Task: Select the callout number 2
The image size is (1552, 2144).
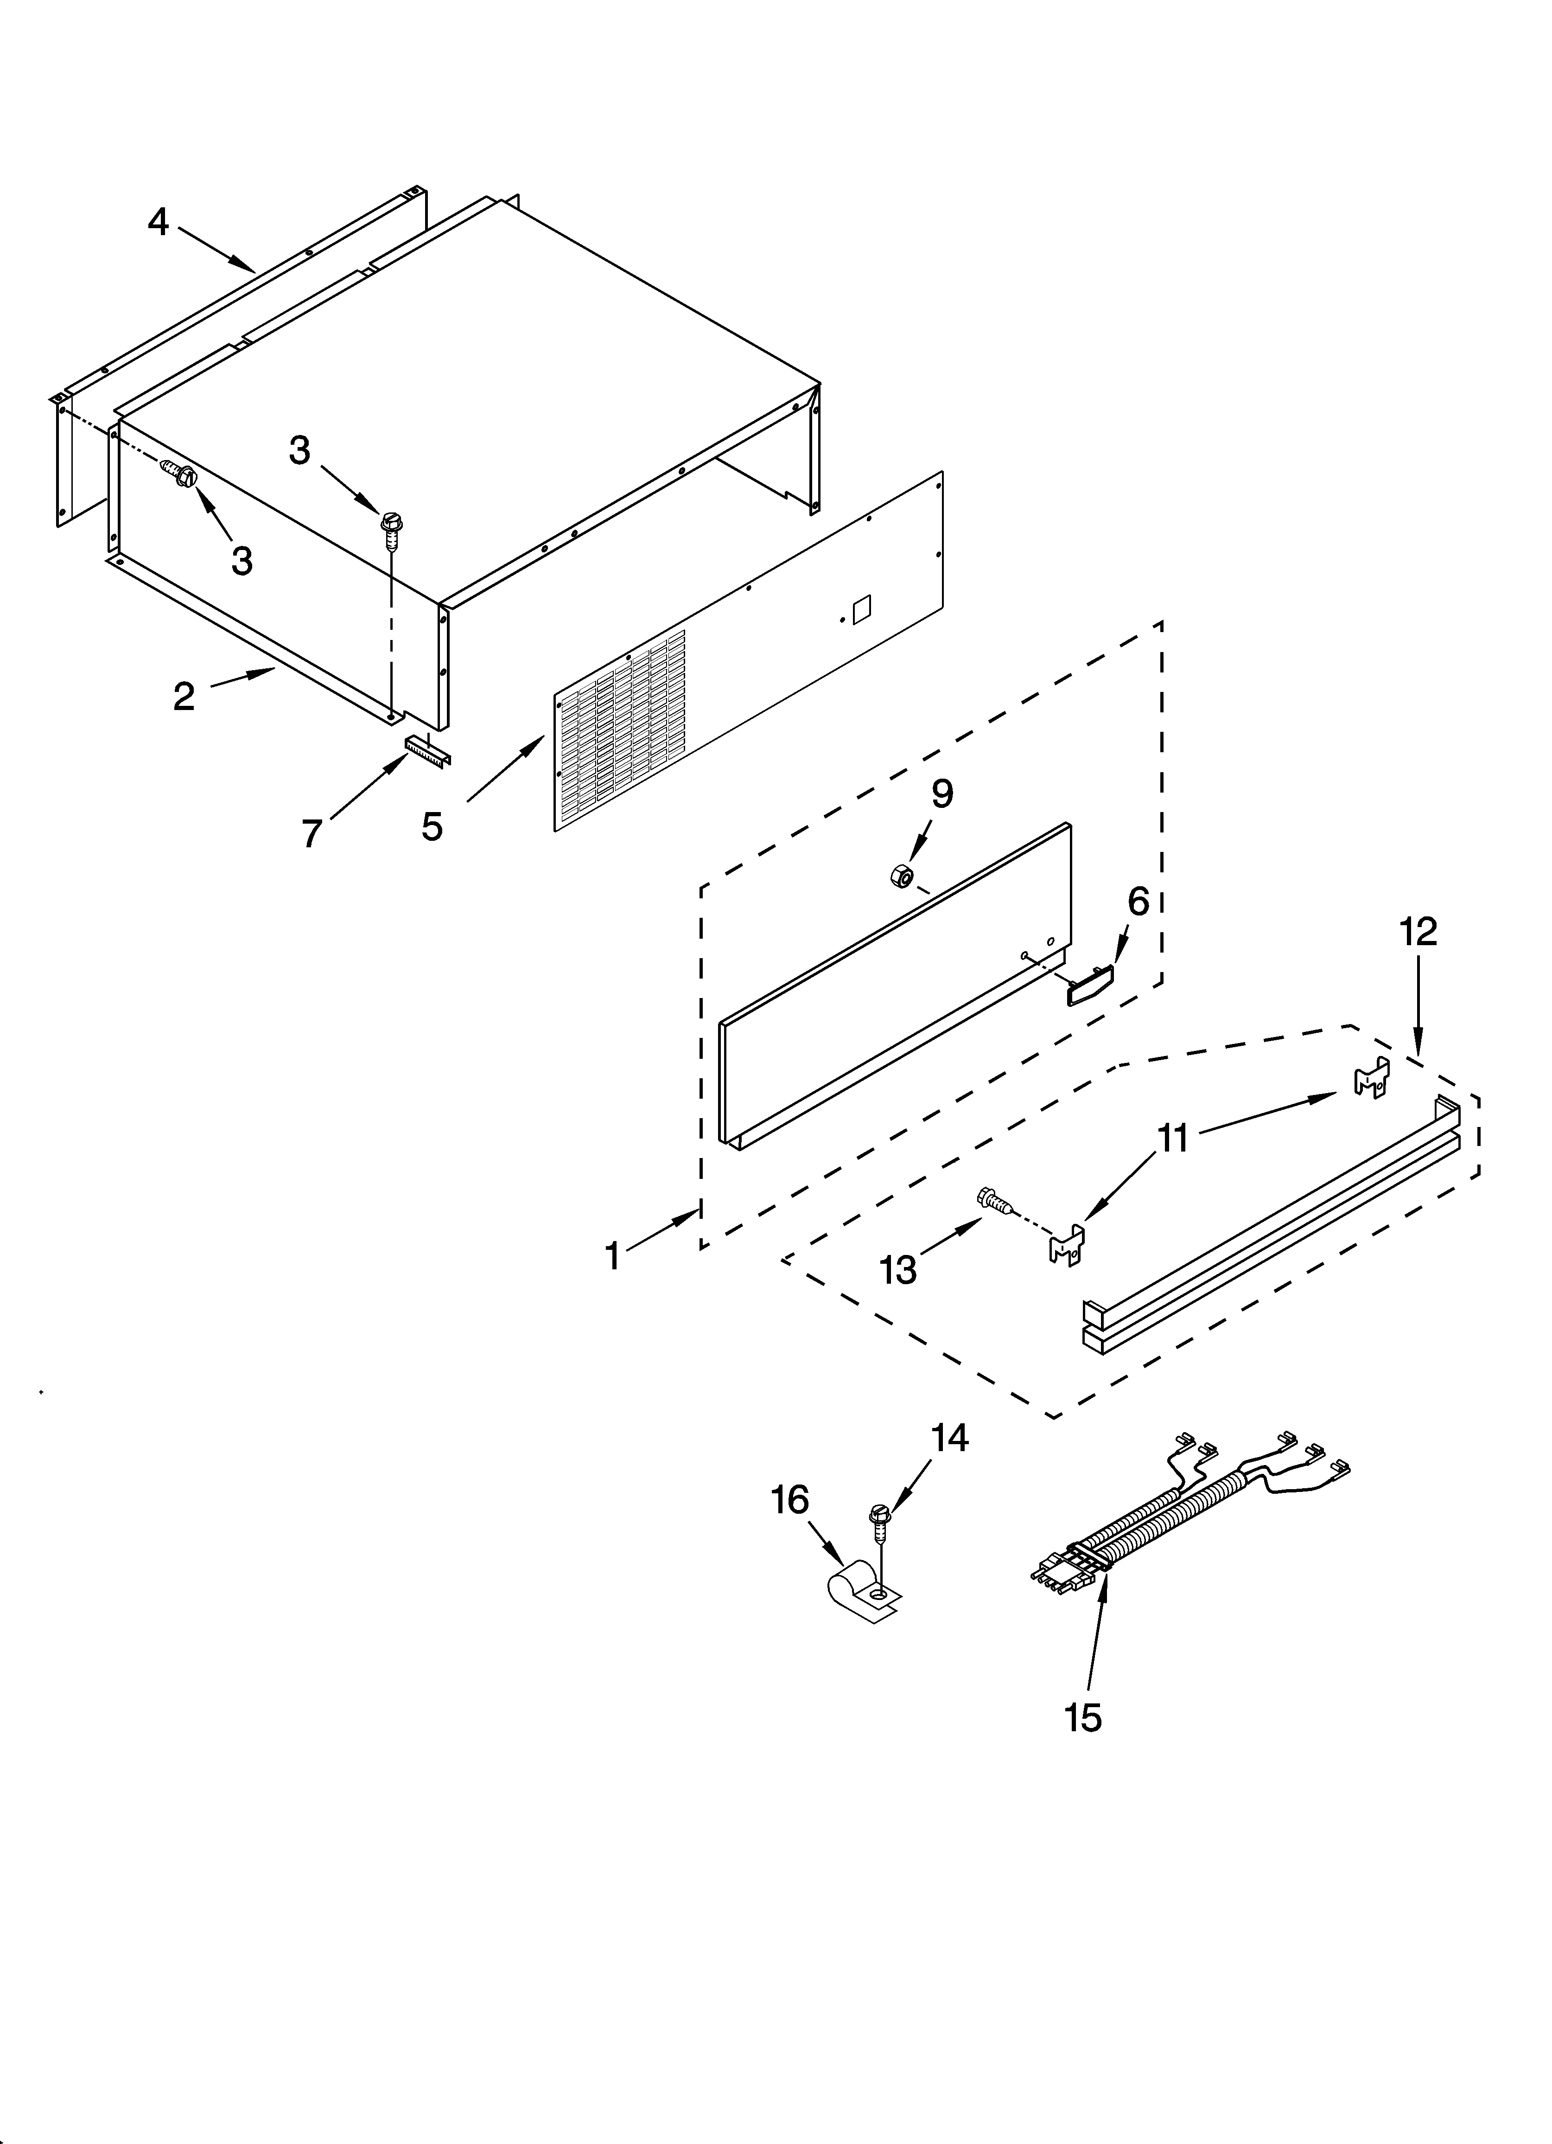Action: tap(184, 697)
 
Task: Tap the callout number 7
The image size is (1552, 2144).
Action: tap(312, 833)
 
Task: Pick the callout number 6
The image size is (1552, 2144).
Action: tap(1138, 902)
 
